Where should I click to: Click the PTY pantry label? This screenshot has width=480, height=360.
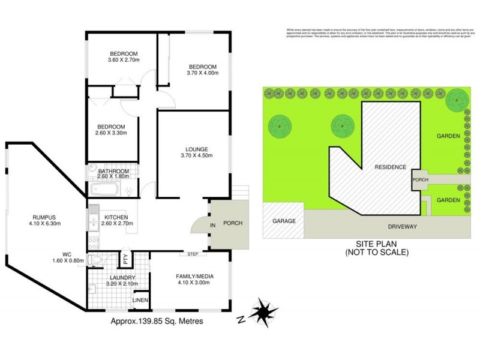(125, 260)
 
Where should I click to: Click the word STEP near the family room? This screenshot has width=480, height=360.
(193, 254)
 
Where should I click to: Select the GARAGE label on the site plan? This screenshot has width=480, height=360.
(284, 221)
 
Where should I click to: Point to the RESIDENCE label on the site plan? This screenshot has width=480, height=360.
(390, 167)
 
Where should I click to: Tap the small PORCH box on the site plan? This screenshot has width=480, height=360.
(419, 179)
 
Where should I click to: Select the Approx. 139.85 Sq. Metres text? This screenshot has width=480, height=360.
(157, 321)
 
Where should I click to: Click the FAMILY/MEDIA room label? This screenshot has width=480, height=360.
(194, 276)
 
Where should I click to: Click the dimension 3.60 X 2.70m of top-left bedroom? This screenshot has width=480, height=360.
(124, 60)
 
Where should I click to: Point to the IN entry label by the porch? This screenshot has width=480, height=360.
(212, 225)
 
